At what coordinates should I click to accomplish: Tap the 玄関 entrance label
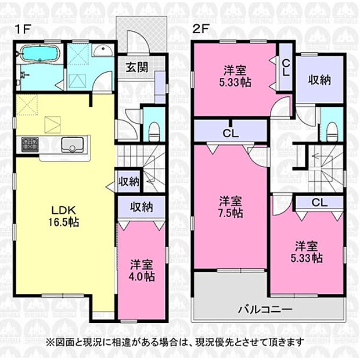click(x=136, y=66)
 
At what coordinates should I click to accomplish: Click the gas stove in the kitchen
click(x=30, y=143)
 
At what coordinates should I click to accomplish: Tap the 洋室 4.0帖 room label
click(x=141, y=271)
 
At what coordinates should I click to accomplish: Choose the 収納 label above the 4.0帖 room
click(x=141, y=206)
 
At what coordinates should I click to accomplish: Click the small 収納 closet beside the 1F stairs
click(x=128, y=182)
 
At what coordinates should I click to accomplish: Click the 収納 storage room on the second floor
click(x=319, y=80)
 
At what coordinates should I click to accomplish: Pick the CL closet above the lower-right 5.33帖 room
click(x=318, y=203)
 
